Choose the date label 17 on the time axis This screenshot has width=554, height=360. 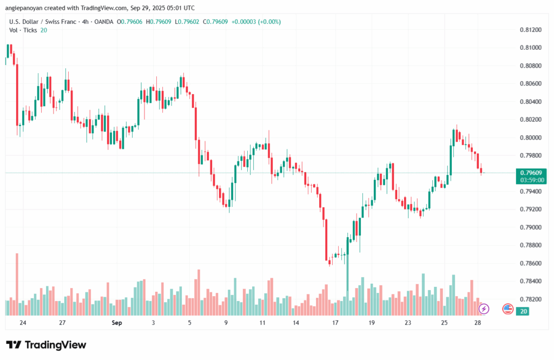coord(335,323)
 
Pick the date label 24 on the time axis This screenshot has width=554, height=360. coord(22,323)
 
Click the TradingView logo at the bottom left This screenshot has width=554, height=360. coord(46,345)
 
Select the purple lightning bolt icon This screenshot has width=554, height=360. coord(484,309)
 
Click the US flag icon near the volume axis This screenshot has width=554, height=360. coord(507,309)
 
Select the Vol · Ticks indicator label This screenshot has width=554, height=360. coord(23,30)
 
